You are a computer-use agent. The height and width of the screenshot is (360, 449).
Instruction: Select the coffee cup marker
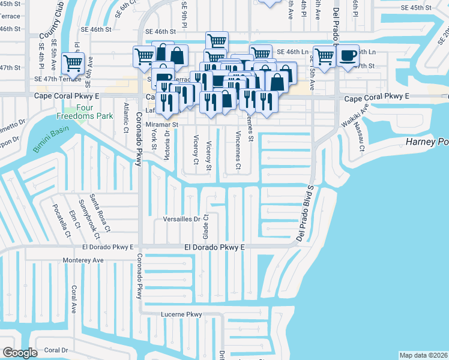tap(348, 56)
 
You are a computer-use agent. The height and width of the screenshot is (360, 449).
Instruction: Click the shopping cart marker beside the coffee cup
tap(325, 57)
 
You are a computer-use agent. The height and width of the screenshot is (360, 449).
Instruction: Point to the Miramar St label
tap(162, 125)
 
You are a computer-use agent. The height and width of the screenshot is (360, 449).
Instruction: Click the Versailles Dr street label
tap(181, 219)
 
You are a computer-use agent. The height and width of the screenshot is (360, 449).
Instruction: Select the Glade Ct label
tap(206, 225)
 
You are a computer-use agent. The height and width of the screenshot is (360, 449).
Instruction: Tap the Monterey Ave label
tap(83, 260)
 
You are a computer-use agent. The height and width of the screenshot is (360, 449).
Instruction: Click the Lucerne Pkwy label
tap(182, 314)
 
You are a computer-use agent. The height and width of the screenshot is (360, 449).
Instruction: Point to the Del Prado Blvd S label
tap(306, 213)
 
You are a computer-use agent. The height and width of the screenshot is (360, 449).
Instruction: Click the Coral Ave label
tap(74, 299)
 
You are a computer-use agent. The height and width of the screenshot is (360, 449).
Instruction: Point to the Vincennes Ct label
tap(238, 149)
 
